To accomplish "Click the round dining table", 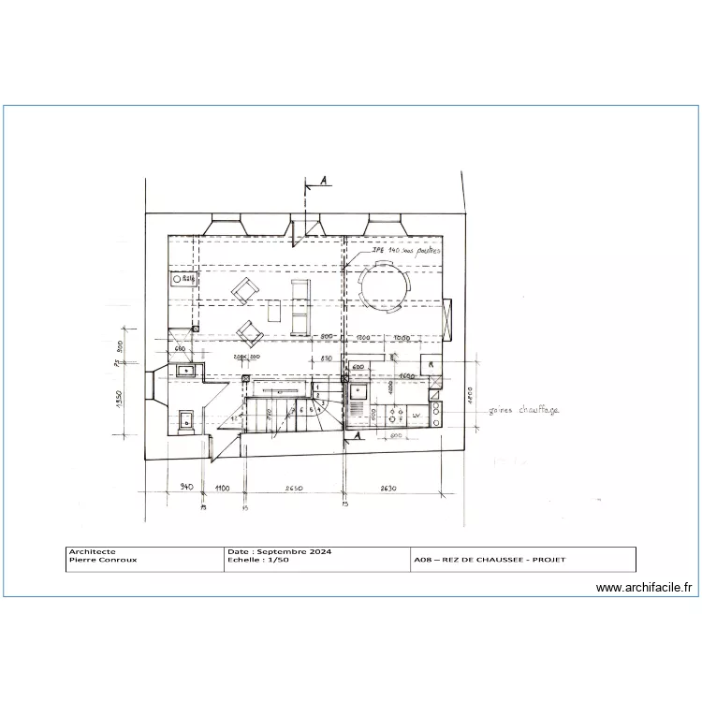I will tap(383, 285).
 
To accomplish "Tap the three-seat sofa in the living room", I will tap(300, 307).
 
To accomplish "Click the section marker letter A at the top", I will tap(323, 183).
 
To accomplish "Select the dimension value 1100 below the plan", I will tap(222, 488).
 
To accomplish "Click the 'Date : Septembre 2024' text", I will tap(268, 552).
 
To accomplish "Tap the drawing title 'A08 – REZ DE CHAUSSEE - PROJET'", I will tap(490, 561).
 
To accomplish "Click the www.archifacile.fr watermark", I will tap(644, 588).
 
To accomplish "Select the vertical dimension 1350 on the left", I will tap(120, 402).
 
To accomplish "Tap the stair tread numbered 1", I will tap(318, 387).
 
